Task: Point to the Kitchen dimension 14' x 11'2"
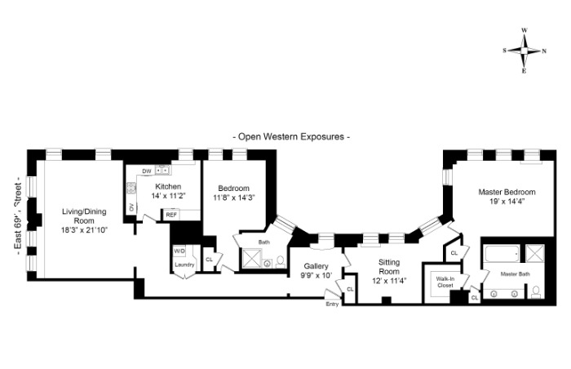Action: (167, 196)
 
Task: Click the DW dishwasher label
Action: (147, 171)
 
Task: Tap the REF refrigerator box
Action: (171, 215)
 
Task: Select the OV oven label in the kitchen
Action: (131, 207)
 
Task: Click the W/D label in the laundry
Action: (179, 251)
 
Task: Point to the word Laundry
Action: (184, 264)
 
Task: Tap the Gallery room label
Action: (316, 266)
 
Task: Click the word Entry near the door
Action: (332, 304)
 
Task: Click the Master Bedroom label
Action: (505, 192)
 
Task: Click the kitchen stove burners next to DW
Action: (163, 171)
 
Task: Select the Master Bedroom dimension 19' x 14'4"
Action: (505, 201)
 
